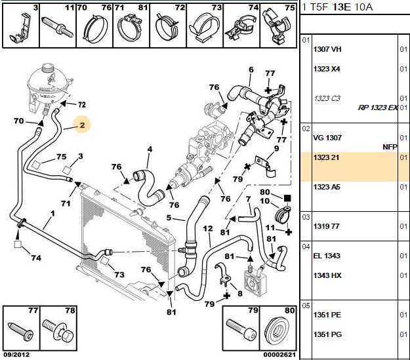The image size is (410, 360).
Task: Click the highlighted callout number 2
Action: (x=82, y=125)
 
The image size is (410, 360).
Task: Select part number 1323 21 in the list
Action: (x=326, y=157)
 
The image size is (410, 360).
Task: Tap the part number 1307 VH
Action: (x=327, y=49)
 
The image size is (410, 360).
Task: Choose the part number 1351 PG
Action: (x=327, y=334)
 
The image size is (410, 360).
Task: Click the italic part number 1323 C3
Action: (x=327, y=98)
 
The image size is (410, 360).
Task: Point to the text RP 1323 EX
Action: (x=378, y=108)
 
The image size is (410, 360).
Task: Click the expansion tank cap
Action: (x=48, y=68)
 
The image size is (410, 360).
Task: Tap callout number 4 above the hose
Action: (x=150, y=150)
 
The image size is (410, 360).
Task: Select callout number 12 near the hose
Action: (x=208, y=229)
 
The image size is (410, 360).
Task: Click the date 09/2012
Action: (x=16, y=355)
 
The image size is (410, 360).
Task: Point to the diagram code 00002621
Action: (x=279, y=355)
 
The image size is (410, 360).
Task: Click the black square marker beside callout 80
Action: (x=287, y=198)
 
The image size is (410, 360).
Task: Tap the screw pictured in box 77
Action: (x=21, y=332)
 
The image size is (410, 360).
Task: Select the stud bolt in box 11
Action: (x=57, y=28)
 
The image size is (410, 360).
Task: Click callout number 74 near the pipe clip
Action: (x=36, y=258)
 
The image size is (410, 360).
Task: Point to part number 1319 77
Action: (x=326, y=226)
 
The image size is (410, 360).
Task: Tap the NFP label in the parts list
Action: (x=390, y=147)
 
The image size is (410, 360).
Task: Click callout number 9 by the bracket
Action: (x=276, y=148)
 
